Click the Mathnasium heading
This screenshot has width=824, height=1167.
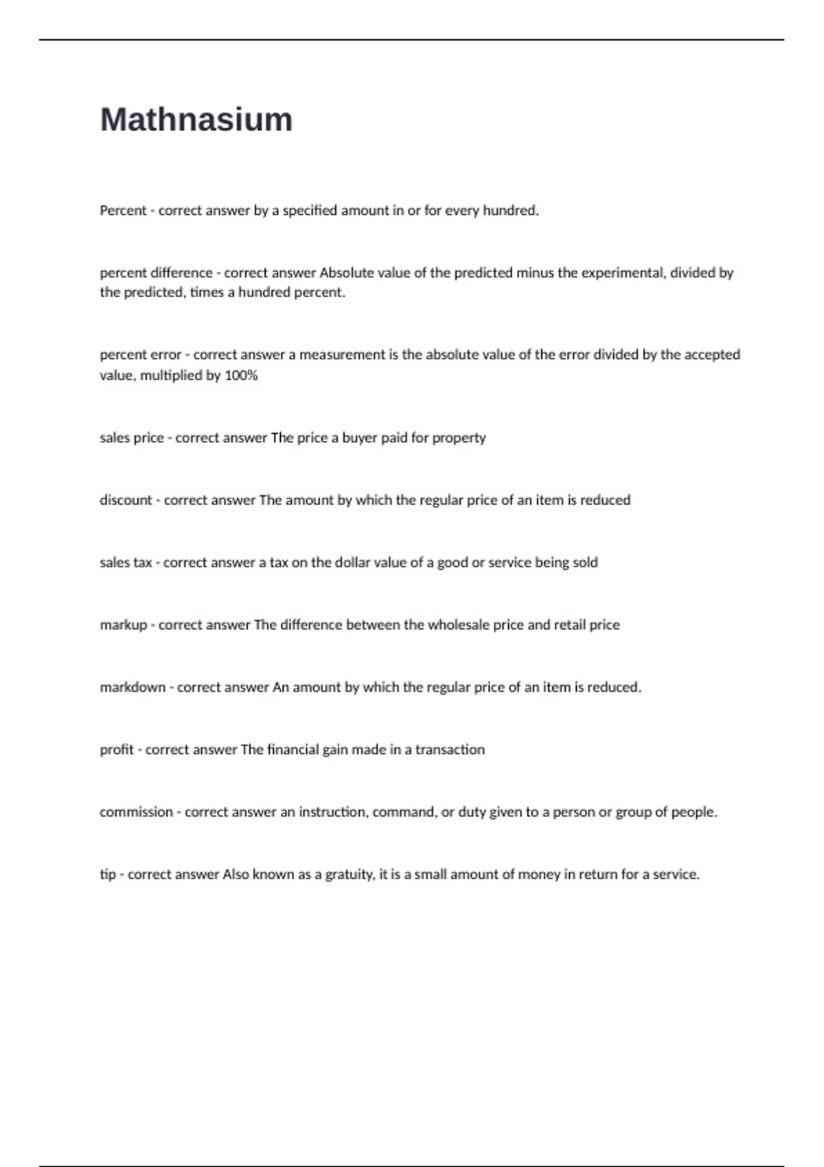click(x=196, y=119)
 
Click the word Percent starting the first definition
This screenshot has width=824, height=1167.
click(x=123, y=211)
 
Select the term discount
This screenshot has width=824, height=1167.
click(x=126, y=500)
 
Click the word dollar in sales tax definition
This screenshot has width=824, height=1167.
click(x=354, y=563)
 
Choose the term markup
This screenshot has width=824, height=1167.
click(x=124, y=625)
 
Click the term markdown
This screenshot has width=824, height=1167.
click(x=133, y=687)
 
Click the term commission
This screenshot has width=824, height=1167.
click(x=136, y=812)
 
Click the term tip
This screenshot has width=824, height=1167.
click(x=108, y=875)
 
